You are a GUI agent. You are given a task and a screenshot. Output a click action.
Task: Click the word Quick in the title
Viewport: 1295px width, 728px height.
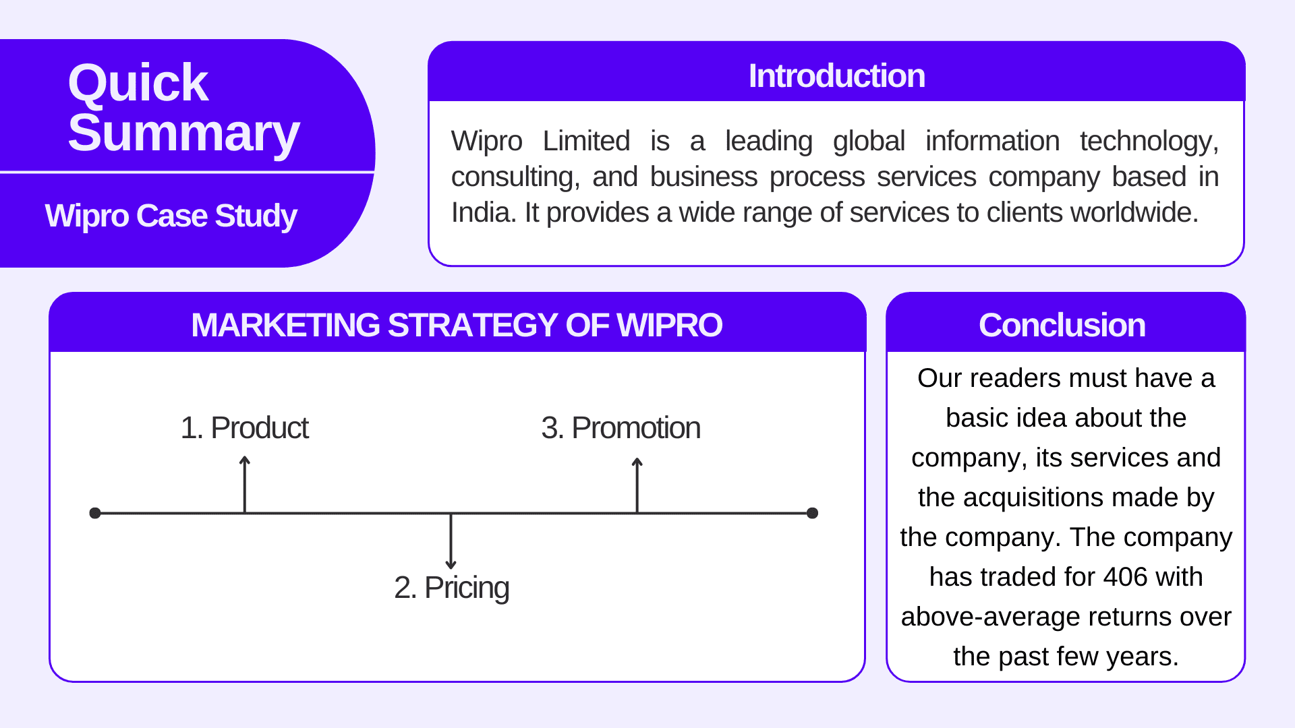point(138,83)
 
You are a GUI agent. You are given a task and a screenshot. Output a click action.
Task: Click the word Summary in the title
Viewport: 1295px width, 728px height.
point(183,133)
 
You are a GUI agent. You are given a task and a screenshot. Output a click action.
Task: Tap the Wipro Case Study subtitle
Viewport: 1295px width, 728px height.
point(171,216)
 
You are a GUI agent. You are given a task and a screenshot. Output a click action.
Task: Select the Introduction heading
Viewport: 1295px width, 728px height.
point(836,75)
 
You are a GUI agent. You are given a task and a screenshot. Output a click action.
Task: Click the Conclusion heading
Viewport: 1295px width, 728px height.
point(1062,325)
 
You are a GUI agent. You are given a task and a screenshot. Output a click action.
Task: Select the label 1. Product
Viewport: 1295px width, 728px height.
point(244,428)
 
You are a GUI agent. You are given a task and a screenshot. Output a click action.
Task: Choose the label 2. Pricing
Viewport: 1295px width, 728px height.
point(451,588)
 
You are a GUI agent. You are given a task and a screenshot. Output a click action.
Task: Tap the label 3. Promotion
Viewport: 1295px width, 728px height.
point(621,428)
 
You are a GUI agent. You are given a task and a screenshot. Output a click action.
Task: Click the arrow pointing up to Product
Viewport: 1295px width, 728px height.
point(245,483)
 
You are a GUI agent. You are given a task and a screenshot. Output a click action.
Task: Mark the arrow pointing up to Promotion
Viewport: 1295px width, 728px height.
point(637,484)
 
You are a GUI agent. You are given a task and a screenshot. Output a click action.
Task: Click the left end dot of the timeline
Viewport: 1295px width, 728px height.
point(95,513)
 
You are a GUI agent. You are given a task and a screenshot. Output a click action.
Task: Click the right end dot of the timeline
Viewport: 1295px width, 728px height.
point(812,513)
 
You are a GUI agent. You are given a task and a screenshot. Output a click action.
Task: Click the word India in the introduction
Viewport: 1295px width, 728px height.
point(477,213)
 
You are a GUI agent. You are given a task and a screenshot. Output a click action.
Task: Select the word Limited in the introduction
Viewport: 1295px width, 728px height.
point(586,142)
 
